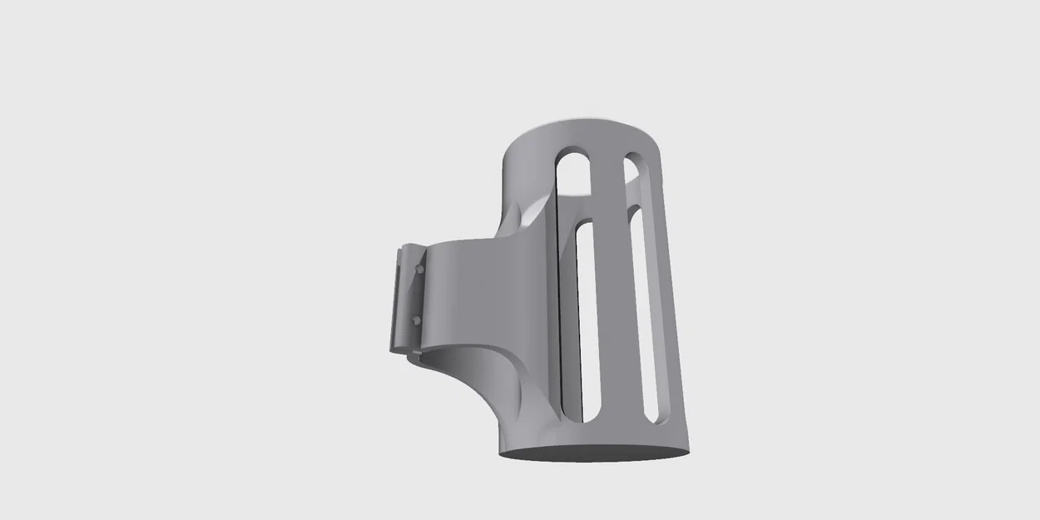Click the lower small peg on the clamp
point(415,319)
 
